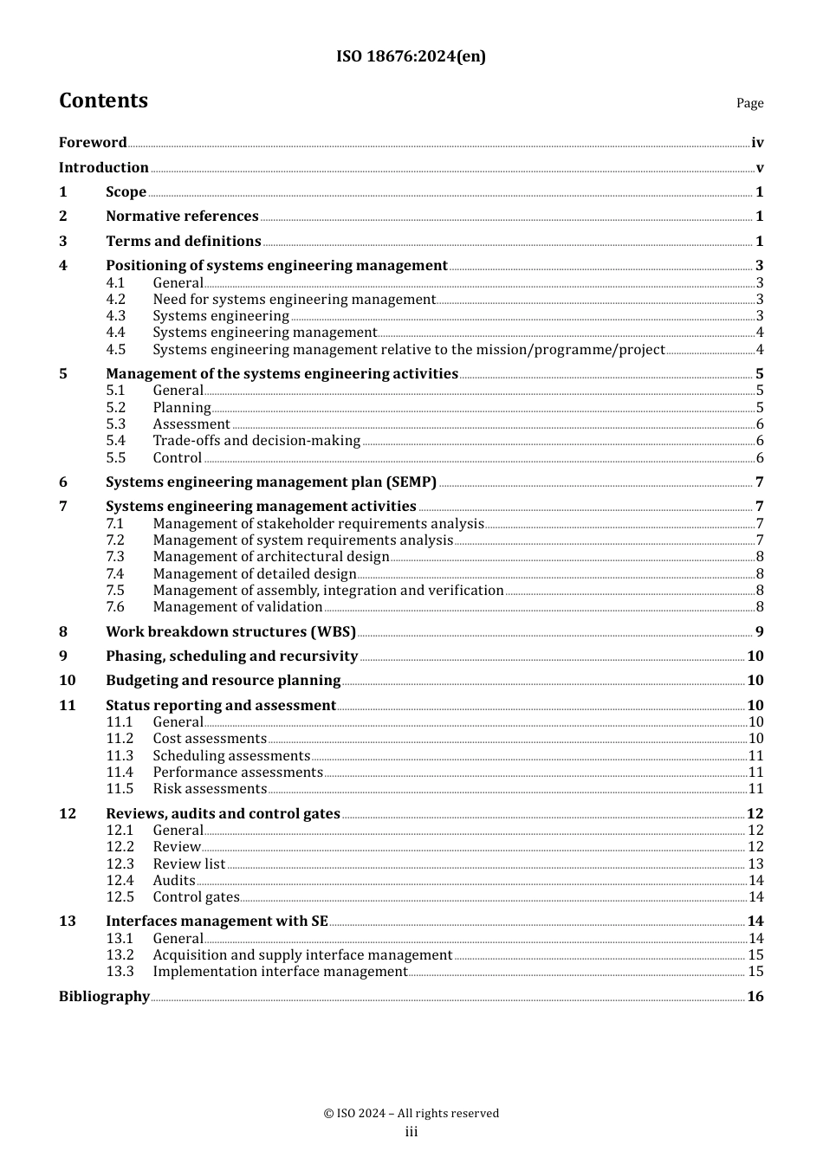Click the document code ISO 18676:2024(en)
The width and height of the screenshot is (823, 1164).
tap(411, 56)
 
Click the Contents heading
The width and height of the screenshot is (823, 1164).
tap(103, 100)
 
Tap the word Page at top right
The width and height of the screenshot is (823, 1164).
tap(749, 103)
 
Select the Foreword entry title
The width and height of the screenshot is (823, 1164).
tap(93, 143)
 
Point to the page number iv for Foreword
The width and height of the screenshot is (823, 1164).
tap(757, 143)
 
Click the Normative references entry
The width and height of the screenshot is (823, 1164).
tap(182, 217)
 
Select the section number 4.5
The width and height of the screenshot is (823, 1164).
tap(116, 350)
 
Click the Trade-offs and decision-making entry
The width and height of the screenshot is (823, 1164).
tap(256, 441)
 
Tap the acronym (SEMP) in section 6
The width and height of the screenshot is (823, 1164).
tap(411, 482)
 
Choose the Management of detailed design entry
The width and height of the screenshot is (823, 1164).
tap(255, 574)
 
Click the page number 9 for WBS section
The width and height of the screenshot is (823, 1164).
tap(759, 632)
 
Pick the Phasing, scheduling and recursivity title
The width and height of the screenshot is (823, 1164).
tap(231, 656)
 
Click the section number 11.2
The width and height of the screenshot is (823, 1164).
tap(120, 739)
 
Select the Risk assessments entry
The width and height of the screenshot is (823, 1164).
tap(210, 789)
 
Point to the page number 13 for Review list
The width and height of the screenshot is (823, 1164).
tap(755, 864)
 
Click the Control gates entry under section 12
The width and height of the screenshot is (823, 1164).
tap(196, 897)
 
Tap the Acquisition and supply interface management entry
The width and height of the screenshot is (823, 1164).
tap(302, 955)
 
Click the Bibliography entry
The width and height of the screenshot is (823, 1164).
tap(104, 997)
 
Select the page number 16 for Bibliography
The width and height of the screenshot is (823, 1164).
tap(755, 997)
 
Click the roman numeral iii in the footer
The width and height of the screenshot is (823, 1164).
tap(411, 1132)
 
